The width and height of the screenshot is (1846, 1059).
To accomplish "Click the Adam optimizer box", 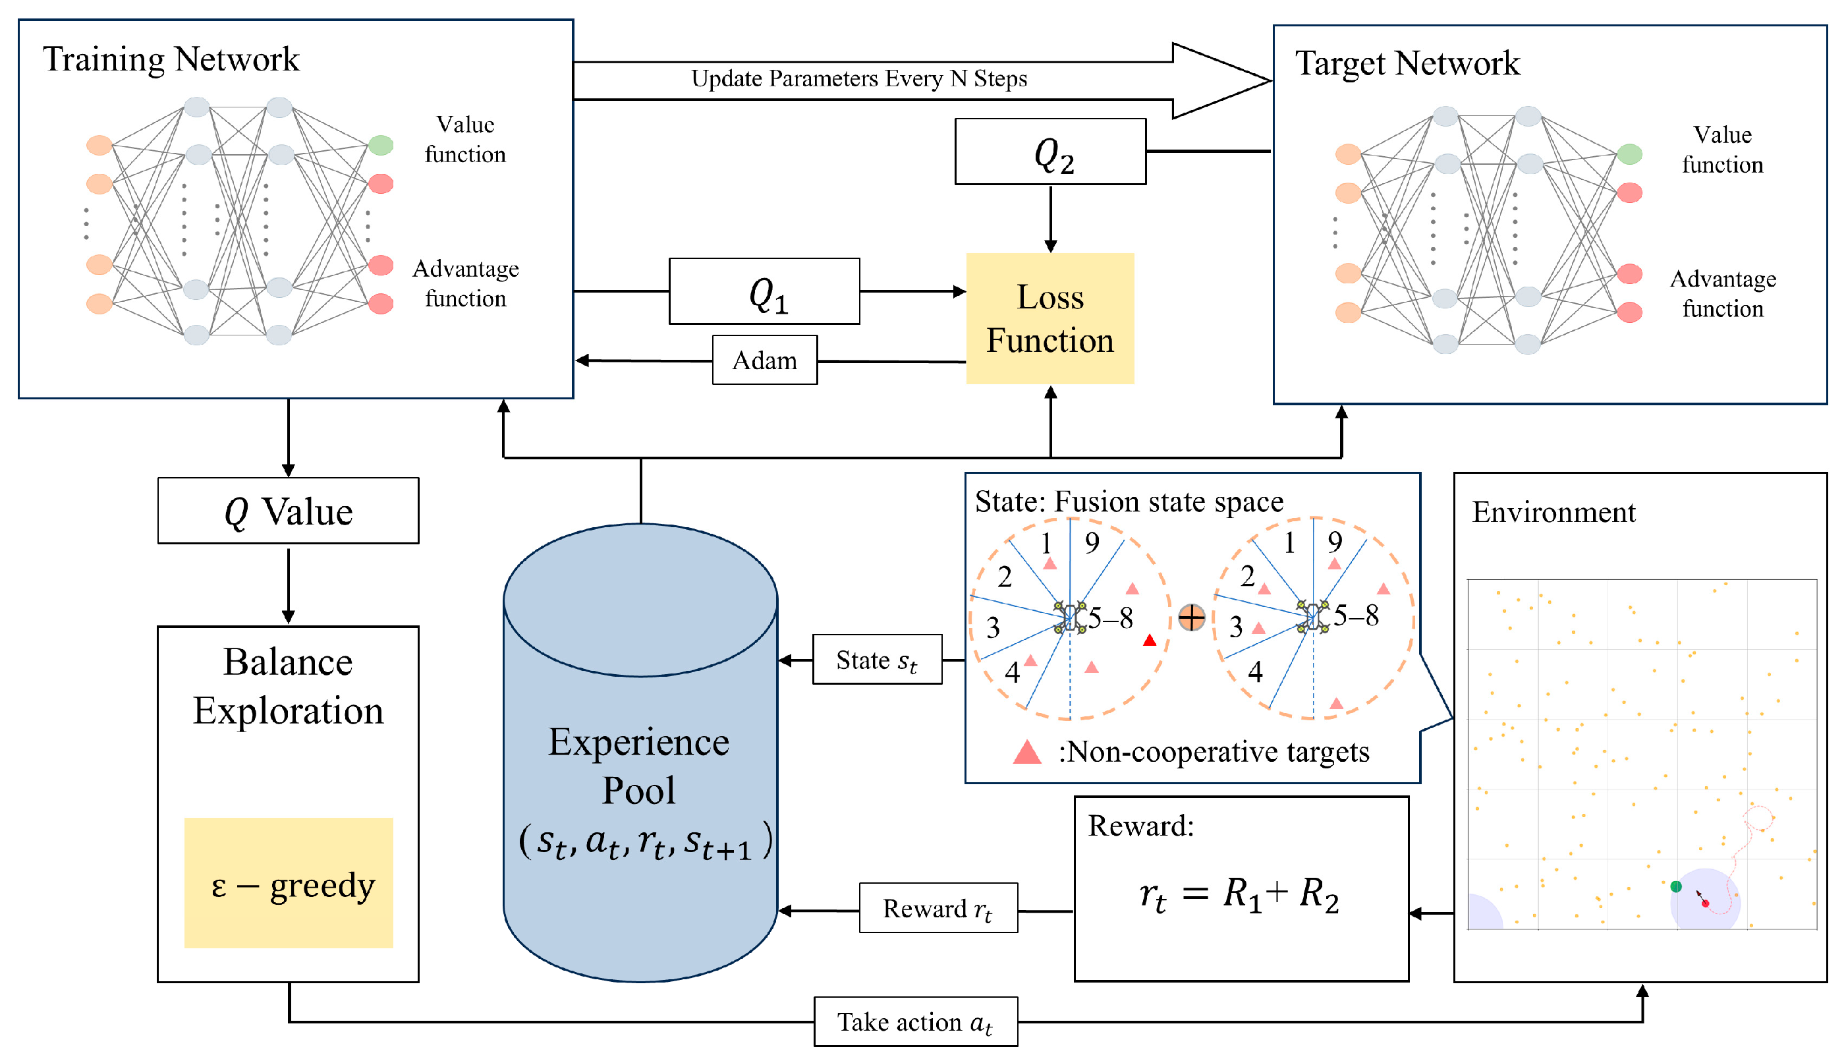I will [x=764, y=360].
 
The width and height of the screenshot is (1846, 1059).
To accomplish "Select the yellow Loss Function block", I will [x=1049, y=318].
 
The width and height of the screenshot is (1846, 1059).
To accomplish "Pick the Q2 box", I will [x=1050, y=152].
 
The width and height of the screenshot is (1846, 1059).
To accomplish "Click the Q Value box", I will [x=288, y=511].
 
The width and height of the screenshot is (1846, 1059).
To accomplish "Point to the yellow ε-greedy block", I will [x=288, y=883].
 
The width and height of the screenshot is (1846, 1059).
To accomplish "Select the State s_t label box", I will [x=877, y=660].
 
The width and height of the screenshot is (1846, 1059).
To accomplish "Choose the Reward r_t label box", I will [x=938, y=909].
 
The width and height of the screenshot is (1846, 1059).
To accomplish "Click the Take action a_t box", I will [x=915, y=1022].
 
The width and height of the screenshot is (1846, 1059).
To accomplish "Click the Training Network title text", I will [x=171, y=59].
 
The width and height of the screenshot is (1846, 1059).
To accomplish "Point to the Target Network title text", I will [x=1407, y=63].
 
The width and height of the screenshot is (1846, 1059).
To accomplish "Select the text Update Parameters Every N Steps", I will [x=858, y=78].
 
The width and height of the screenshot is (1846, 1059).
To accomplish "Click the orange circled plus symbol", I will [x=1192, y=617].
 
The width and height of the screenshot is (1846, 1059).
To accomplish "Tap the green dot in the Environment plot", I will [x=1676, y=886].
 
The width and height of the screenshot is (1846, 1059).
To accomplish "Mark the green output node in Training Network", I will [x=380, y=146].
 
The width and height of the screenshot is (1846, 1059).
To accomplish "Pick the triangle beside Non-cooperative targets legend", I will [x=1026, y=752].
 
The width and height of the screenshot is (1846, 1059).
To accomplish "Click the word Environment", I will [x=1553, y=512].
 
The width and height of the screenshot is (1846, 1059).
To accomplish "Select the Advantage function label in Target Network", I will [x=1722, y=294].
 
